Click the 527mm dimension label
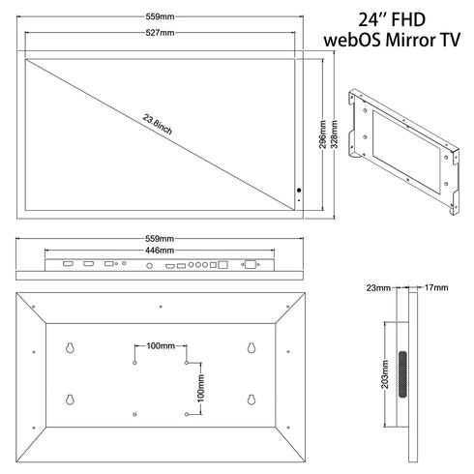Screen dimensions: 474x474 [x=160, y=33]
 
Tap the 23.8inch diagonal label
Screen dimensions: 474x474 [x=158, y=125]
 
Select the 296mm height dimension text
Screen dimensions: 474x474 [x=323, y=134]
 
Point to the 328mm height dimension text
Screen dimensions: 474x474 [x=335, y=134]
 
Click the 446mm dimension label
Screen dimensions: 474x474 [x=160, y=251]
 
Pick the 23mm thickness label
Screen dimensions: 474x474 [x=378, y=287]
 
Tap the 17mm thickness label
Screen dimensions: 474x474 [x=436, y=287]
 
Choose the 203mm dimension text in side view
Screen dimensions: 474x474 [x=385, y=374]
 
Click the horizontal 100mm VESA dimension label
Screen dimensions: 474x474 [x=161, y=346]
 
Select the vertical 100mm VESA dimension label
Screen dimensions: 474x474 [x=200, y=388]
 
